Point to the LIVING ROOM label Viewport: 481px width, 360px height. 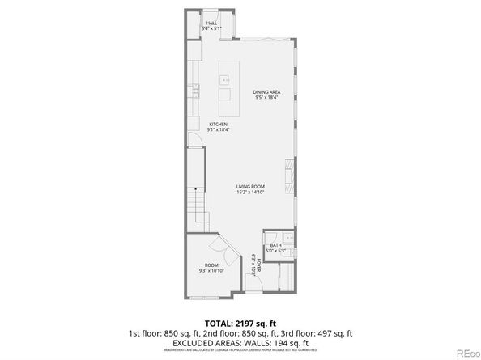(x=249, y=187)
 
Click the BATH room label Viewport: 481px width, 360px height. (x=276, y=245)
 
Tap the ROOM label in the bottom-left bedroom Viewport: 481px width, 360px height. (x=211, y=265)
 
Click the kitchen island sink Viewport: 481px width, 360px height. (x=225, y=80)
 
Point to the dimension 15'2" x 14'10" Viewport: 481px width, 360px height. (x=249, y=193)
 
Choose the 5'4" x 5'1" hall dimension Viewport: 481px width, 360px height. (x=212, y=28)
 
